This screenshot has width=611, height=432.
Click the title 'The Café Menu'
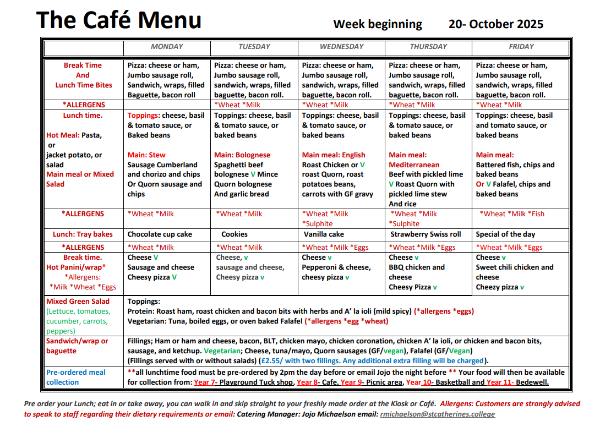click(x=118, y=20)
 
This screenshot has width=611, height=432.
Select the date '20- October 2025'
click(x=495, y=24)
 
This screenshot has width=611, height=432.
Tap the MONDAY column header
click(x=167, y=47)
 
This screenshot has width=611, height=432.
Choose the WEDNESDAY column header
click(x=341, y=47)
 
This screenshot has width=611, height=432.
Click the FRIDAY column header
click(x=521, y=47)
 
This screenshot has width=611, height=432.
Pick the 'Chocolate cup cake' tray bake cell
click(x=160, y=234)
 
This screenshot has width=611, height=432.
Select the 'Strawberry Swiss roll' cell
click(x=424, y=234)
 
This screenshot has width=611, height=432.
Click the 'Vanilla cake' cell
click(x=324, y=234)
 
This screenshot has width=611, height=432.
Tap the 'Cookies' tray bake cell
click(x=234, y=234)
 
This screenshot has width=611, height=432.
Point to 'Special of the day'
click(x=505, y=234)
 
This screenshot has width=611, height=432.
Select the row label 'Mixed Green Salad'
click(x=78, y=302)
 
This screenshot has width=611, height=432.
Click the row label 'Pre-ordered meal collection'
click(x=75, y=378)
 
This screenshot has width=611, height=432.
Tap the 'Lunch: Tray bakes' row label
click(x=83, y=234)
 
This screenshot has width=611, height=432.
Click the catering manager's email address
click(x=437, y=414)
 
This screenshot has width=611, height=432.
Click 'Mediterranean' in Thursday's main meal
click(x=414, y=165)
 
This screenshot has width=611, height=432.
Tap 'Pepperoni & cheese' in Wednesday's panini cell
click(x=336, y=267)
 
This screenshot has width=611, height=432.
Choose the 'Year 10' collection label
click(x=419, y=382)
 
